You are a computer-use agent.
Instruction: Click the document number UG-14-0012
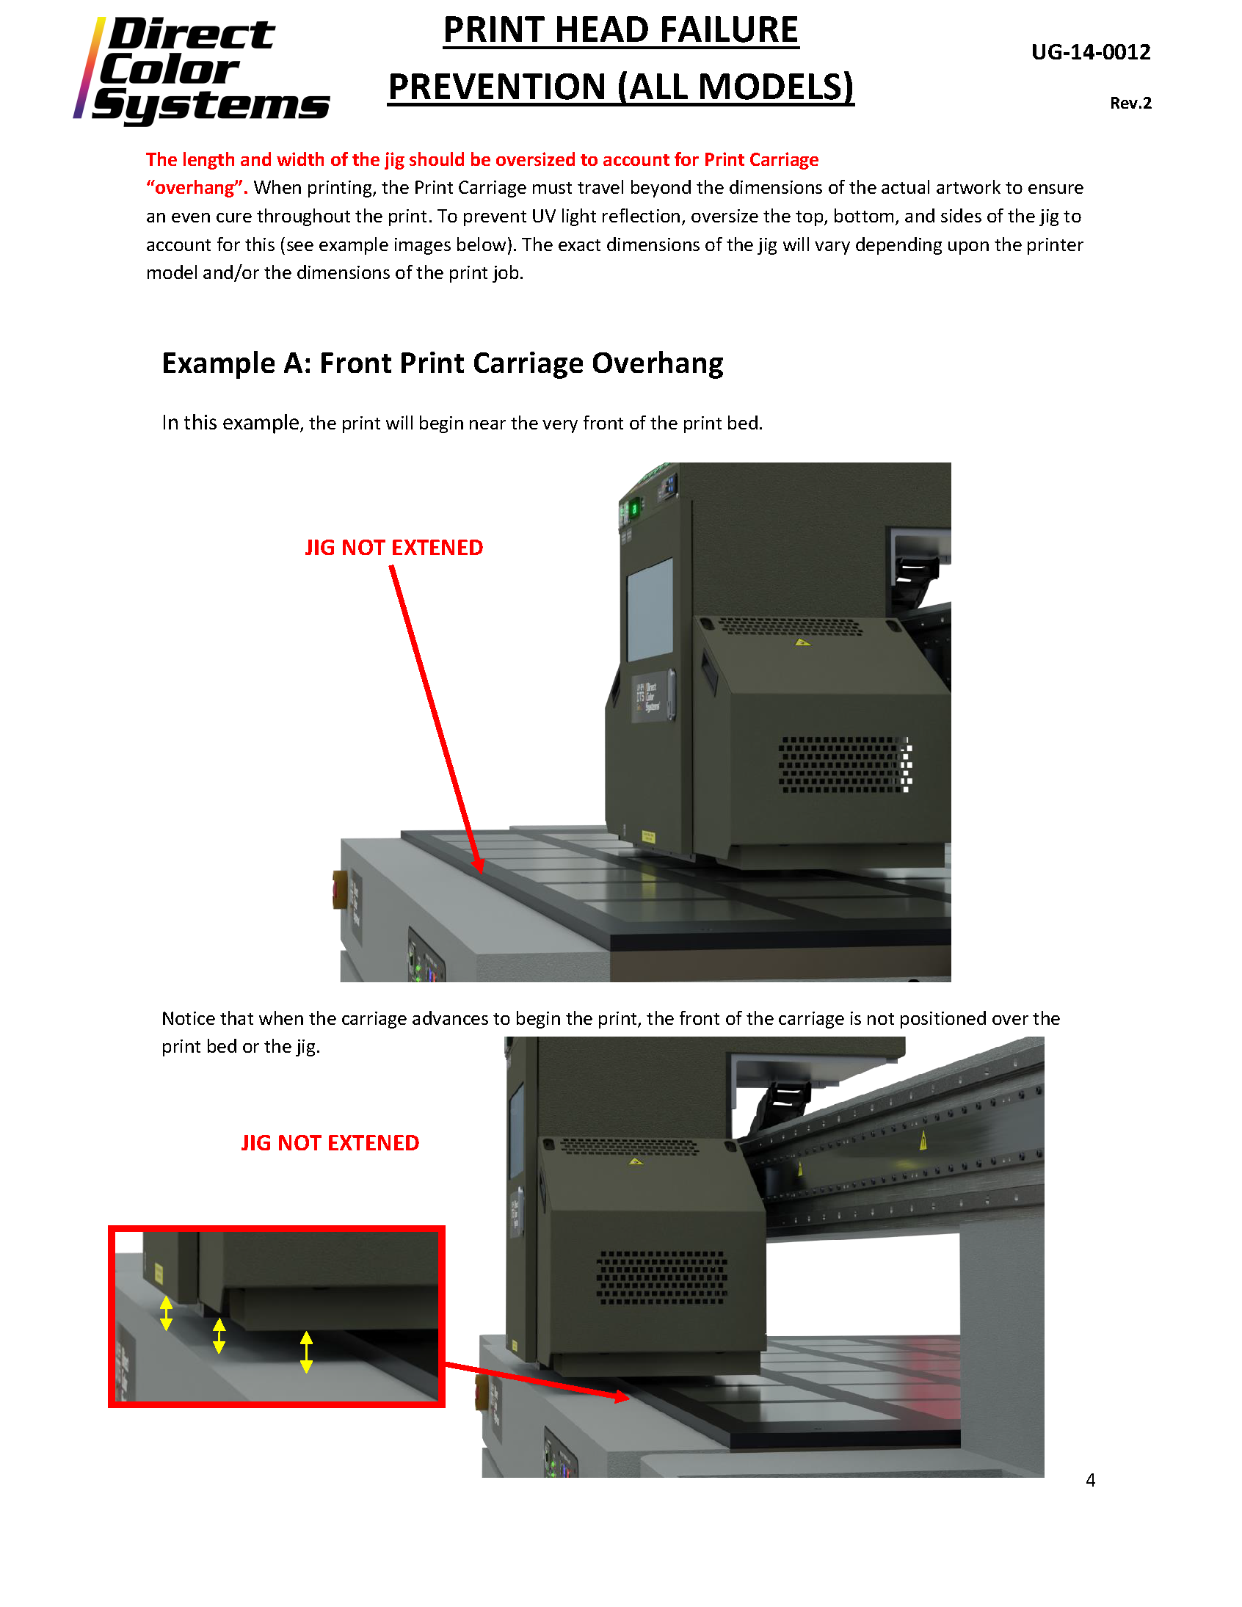[x=1091, y=52]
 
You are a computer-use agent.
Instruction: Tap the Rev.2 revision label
[x=1130, y=103]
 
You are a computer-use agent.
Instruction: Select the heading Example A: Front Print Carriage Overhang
[x=442, y=363]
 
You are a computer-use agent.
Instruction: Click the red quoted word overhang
[x=195, y=188]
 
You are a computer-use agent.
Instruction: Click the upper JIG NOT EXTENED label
[x=393, y=548]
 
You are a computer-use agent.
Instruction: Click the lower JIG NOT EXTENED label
[x=330, y=1143]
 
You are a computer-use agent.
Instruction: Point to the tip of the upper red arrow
[x=480, y=871]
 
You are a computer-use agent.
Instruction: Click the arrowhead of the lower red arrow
[x=622, y=1396]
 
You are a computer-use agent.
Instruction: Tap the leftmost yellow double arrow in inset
[x=167, y=1313]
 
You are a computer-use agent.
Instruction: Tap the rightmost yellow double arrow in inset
[x=306, y=1352]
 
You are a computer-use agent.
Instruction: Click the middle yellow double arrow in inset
[x=219, y=1335]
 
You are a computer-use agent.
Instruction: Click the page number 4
[x=1091, y=1480]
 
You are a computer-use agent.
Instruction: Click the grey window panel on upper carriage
[x=650, y=609]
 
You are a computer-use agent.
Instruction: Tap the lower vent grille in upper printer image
[x=845, y=764]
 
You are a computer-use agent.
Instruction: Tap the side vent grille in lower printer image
[x=661, y=1277]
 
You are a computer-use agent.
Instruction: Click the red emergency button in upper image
[x=340, y=889]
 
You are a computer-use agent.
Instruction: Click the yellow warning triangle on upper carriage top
[x=802, y=642]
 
